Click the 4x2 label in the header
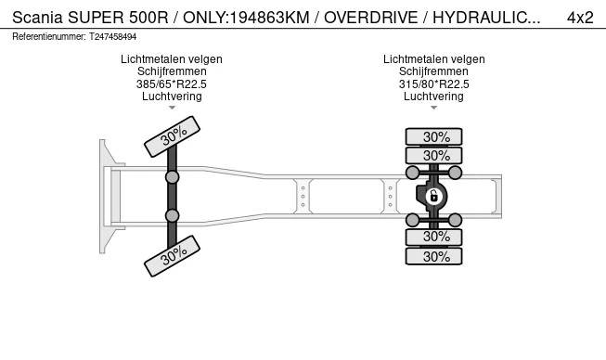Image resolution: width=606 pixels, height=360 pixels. pyautogui.click(x=580, y=17)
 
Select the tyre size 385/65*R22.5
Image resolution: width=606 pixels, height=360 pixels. pyautogui.click(x=172, y=84)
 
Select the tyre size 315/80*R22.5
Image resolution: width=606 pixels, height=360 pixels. pyautogui.click(x=433, y=84)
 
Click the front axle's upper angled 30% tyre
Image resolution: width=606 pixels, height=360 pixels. pyautogui.click(x=173, y=137)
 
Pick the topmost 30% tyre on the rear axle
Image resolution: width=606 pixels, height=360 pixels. pyautogui.click(x=433, y=136)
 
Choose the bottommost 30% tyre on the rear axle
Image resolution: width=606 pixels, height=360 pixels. pyautogui.click(x=433, y=257)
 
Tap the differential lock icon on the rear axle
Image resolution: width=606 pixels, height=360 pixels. pyautogui.click(x=433, y=196)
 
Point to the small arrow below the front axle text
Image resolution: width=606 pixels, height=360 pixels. pyautogui.click(x=172, y=108)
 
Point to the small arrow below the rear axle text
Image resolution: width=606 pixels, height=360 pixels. pyautogui.click(x=433, y=108)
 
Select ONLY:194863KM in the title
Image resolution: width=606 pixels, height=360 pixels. pyautogui.click(x=238, y=17)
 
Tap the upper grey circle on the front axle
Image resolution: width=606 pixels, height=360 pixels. pyautogui.click(x=172, y=176)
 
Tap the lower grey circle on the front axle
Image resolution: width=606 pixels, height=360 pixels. pyautogui.click(x=172, y=215)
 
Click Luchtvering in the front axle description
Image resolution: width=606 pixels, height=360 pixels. pyautogui.click(x=172, y=96)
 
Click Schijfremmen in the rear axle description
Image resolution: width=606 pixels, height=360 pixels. pyautogui.click(x=433, y=71)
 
